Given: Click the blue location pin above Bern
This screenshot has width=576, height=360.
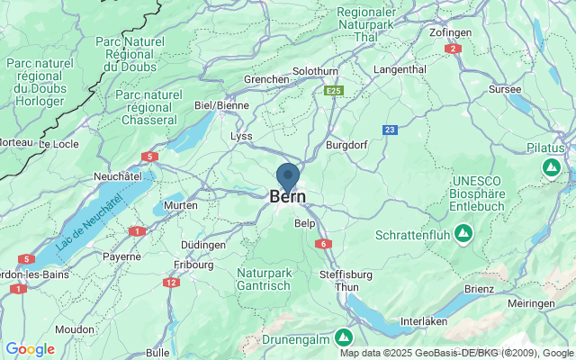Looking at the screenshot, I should (288, 175).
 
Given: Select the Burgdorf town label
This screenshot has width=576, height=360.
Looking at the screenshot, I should (347, 143).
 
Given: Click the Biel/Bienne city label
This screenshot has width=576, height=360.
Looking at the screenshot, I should (221, 105).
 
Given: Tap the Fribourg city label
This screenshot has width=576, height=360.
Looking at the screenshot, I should (194, 265).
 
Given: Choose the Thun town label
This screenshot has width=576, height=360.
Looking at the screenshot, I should (346, 287).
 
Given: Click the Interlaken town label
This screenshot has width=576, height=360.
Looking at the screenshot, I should (424, 321).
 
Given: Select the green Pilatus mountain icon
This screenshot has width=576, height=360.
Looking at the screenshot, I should (551, 167).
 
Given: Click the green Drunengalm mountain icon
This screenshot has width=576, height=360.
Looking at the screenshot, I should (343, 337).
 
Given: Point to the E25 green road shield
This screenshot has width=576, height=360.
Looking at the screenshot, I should (334, 91).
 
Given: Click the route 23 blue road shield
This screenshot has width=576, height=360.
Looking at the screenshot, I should (390, 130).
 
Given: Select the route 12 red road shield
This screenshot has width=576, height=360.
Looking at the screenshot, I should (171, 282).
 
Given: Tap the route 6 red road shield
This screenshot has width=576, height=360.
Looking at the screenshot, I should (322, 244).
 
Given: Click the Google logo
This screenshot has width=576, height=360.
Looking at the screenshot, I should (31, 349).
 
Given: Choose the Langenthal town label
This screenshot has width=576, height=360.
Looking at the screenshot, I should (400, 69).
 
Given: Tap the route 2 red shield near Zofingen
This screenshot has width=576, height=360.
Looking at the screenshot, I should (454, 49).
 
